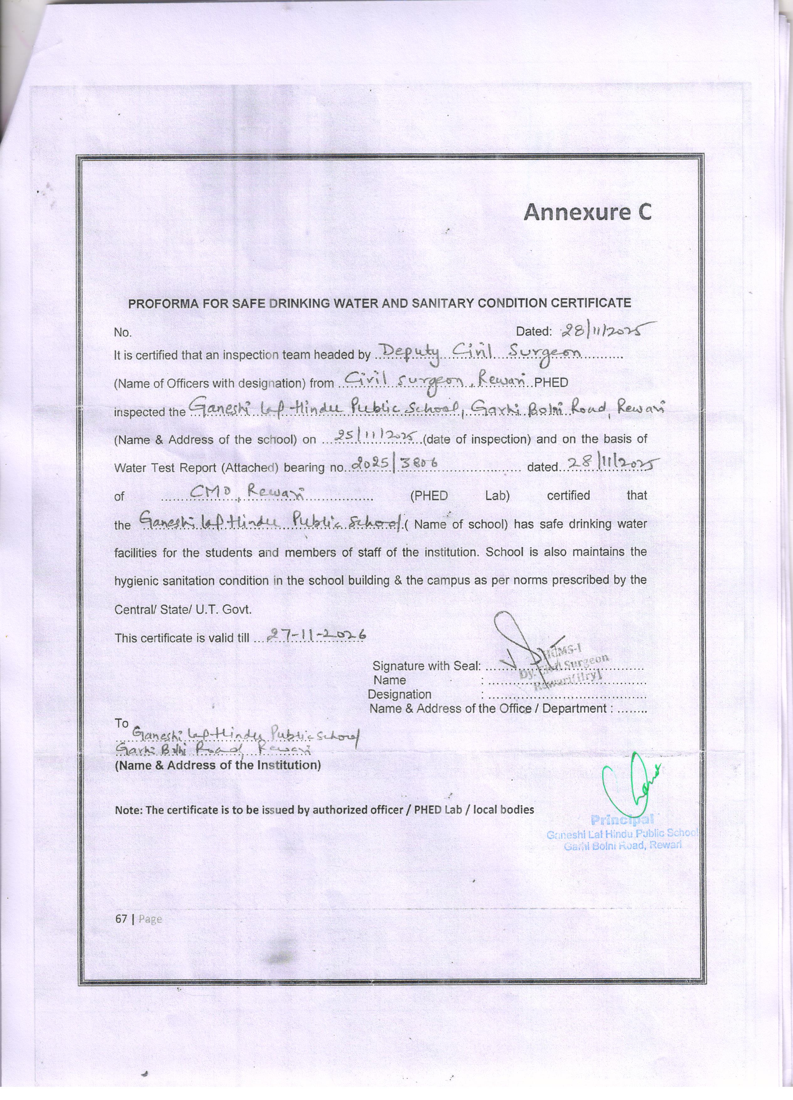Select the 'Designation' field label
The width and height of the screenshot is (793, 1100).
[399, 694]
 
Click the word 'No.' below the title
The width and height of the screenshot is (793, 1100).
[123, 333]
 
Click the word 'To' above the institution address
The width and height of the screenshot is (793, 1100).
[121, 723]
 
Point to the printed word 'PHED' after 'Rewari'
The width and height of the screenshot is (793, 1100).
[551, 382]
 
